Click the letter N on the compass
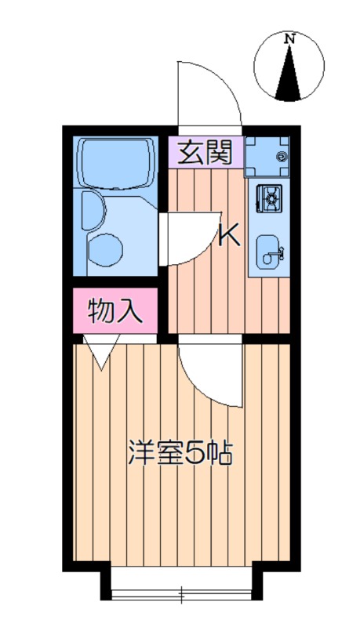click(x=289, y=39)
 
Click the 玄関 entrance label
click(x=205, y=153)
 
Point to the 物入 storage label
click(x=115, y=311)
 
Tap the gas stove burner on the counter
click(x=270, y=199)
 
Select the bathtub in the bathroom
click(x=116, y=162)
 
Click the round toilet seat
click(x=105, y=248)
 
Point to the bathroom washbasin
click(x=93, y=211)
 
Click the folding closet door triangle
click(x=102, y=351)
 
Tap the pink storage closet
click(x=115, y=310)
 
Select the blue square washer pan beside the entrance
click(x=267, y=156)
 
